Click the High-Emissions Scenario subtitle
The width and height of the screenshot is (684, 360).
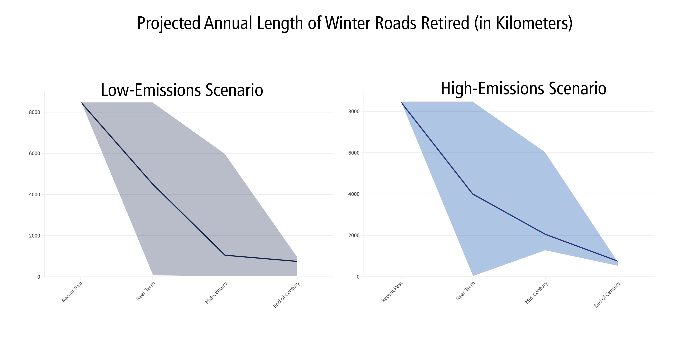point(523,89)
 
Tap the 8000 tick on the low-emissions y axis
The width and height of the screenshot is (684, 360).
point(35,112)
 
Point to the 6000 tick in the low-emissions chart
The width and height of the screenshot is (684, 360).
point(35,154)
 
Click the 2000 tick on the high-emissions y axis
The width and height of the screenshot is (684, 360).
point(354,235)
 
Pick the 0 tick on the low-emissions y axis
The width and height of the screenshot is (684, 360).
point(39,277)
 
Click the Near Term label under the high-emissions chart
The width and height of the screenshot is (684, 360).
point(465,291)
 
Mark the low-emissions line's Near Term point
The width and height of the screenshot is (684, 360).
point(153,184)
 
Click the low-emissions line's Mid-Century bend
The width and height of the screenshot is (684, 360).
point(225,255)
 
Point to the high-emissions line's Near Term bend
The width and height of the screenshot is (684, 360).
point(473,194)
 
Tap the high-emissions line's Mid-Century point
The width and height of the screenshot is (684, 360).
point(545,234)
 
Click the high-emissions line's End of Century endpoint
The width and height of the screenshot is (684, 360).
point(618,261)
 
